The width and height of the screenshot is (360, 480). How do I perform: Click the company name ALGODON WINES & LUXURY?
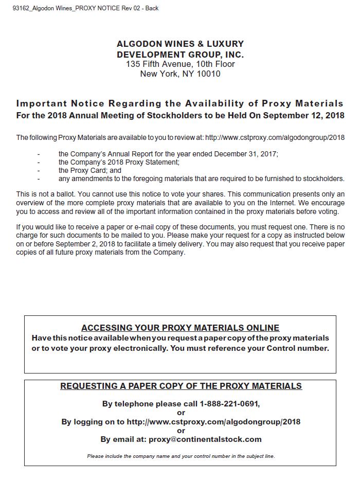180,44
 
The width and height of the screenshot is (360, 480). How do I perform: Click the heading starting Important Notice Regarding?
180,104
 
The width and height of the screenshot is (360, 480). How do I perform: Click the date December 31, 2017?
246,154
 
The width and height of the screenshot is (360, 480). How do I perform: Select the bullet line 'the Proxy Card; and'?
90,170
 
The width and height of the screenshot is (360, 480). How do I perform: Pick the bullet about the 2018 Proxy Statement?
119,162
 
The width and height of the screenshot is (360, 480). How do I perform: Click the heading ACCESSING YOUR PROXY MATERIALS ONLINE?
180,328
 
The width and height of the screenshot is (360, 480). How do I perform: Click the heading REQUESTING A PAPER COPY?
181,386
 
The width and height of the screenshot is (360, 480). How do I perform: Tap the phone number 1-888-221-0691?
229,404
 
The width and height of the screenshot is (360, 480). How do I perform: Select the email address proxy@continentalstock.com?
205,439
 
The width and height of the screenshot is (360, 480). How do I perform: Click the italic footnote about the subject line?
181,456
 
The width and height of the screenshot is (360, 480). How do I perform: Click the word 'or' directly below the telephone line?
181,413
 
